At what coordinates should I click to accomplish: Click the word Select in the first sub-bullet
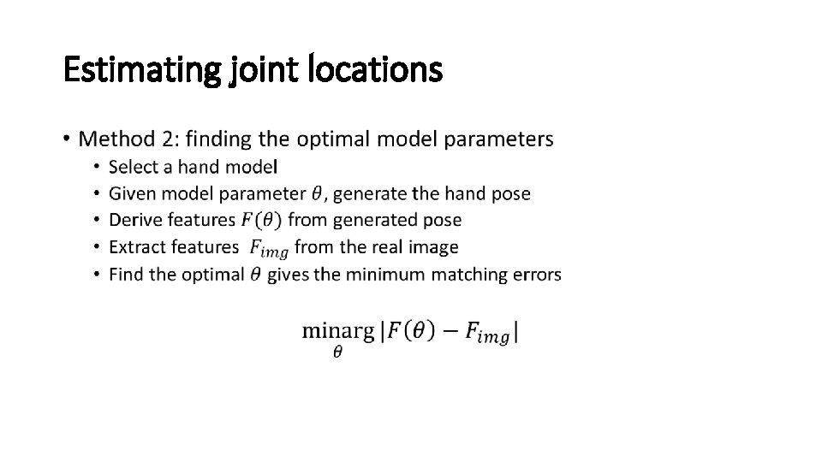point(134,166)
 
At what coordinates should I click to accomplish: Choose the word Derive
point(135,220)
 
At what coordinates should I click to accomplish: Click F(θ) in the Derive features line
point(259,220)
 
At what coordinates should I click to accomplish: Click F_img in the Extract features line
point(268,248)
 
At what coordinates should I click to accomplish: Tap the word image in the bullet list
point(436,247)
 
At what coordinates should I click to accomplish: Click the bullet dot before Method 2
point(67,139)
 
